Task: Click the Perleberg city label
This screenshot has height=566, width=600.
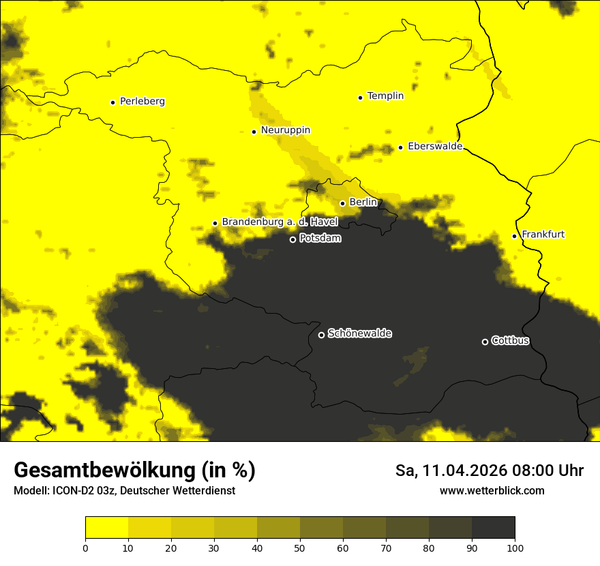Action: pyautogui.click(x=142, y=102)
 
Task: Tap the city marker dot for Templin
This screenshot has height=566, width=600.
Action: pyautogui.click(x=360, y=98)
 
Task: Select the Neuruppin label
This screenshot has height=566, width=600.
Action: pyautogui.click(x=285, y=130)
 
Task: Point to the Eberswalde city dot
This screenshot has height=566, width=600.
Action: pyautogui.click(x=400, y=147)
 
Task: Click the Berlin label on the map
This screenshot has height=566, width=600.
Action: pyautogui.click(x=363, y=203)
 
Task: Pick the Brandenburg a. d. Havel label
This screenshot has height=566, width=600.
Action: pyautogui.click(x=280, y=222)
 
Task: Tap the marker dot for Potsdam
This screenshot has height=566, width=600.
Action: pyautogui.click(x=292, y=239)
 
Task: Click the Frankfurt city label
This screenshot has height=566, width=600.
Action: pyautogui.click(x=543, y=235)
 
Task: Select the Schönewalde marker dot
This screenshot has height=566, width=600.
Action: pyautogui.click(x=321, y=335)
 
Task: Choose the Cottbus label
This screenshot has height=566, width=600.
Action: pyautogui.click(x=510, y=341)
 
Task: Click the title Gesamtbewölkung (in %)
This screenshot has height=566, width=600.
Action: pyautogui.click(x=134, y=471)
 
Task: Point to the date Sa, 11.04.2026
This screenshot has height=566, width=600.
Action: pyautogui.click(x=452, y=471)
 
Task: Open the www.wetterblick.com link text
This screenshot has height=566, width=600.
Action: pyautogui.click(x=492, y=490)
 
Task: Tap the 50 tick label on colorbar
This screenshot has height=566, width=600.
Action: pyautogui.click(x=300, y=548)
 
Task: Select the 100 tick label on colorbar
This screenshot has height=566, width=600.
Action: pyautogui.click(x=515, y=548)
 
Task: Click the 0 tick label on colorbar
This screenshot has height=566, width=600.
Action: pyautogui.click(x=85, y=548)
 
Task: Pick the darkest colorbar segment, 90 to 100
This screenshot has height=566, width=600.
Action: pyautogui.click(x=493, y=527)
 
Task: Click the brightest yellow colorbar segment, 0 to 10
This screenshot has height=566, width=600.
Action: pyautogui.click(x=106, y=527)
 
